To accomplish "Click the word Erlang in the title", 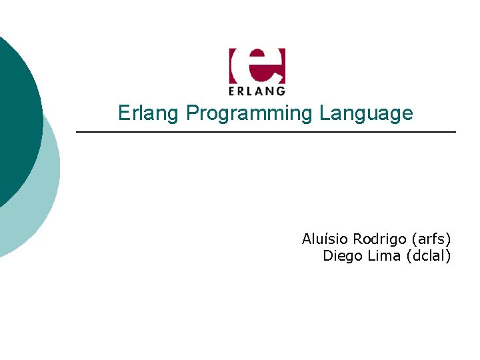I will point(149,113).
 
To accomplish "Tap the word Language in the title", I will point(366,114).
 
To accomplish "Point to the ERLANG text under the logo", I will point(257,90).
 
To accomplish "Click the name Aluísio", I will point(325,239).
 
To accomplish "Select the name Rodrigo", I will point(380,239).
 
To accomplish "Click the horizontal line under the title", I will point(267,133).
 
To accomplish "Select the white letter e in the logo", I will point(257,65).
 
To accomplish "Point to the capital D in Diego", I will point(328,256).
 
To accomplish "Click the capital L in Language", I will point(324,113).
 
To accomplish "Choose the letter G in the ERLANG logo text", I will point(281,90).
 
